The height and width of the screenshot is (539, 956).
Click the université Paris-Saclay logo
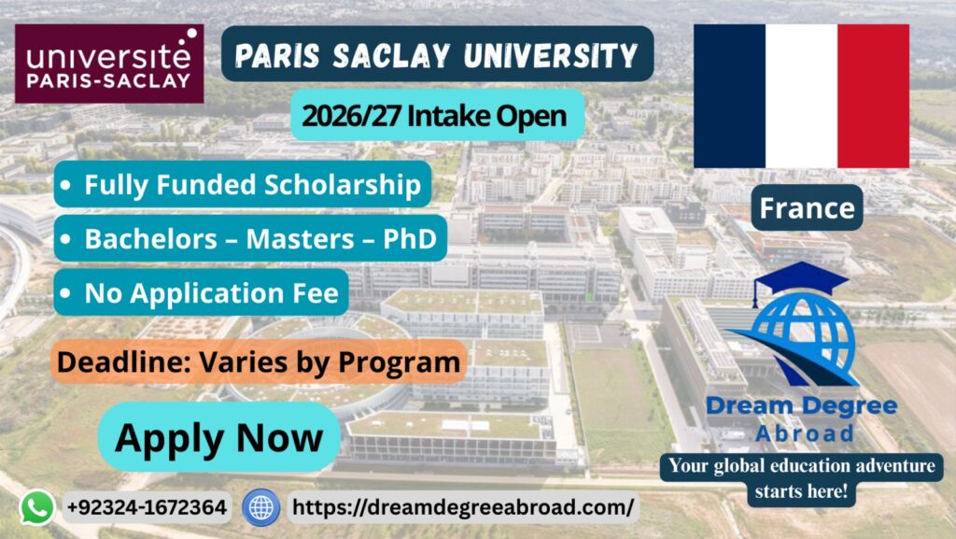(x=109, y=64)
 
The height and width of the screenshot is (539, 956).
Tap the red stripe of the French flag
(x=873, y=96)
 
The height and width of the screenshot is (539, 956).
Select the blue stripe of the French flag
(x=729, y=96)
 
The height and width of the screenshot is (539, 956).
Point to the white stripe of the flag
(x=801, y=96)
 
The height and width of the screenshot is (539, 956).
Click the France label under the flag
(x=807, y=208)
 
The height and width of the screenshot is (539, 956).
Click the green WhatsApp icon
(x=37, y=507)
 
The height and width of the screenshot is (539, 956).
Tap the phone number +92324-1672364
(x=147, y=507)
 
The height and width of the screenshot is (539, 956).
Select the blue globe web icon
(x=261, y=507)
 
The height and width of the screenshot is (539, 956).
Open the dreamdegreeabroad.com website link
(x=463, y=506)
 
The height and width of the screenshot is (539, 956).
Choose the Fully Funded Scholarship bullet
(x=243, y=184)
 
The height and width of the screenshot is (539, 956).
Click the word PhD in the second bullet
(x=410, y=238)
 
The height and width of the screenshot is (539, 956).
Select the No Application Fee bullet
(x=202, y=292)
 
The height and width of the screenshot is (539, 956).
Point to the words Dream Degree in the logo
(x=801, y=406)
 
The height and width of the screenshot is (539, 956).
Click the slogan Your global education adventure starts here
(x=801, y=478)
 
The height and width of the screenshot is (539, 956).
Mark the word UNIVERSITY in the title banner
(x=551, y=55)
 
